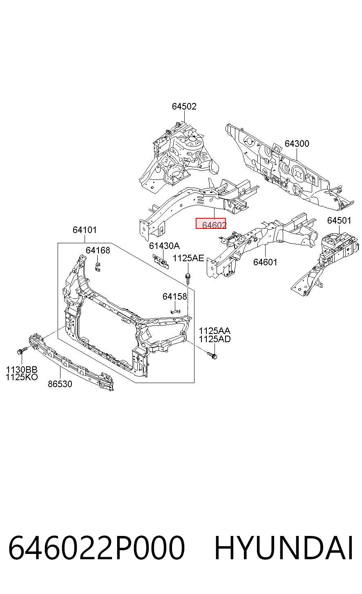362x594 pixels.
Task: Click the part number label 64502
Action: (184, 106)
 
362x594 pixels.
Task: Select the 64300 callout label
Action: (297, 143)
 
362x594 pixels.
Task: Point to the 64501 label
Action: (339, 220)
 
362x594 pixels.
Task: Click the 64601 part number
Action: (265, 262)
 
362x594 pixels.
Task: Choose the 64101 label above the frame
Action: (85, 230)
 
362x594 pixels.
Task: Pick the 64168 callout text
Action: (98, 250)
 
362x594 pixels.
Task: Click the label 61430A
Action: (164, 246)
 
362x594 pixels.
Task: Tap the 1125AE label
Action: (188, 258)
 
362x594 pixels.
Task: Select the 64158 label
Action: (175, 296)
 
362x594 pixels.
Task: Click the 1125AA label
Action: (215, 331)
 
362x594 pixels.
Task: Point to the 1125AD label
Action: (215, 338)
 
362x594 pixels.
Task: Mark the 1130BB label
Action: (22, 370)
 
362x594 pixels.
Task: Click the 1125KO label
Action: (22, 377)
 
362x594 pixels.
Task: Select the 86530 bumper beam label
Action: (60, 384)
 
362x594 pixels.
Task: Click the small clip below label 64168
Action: (98, 267)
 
